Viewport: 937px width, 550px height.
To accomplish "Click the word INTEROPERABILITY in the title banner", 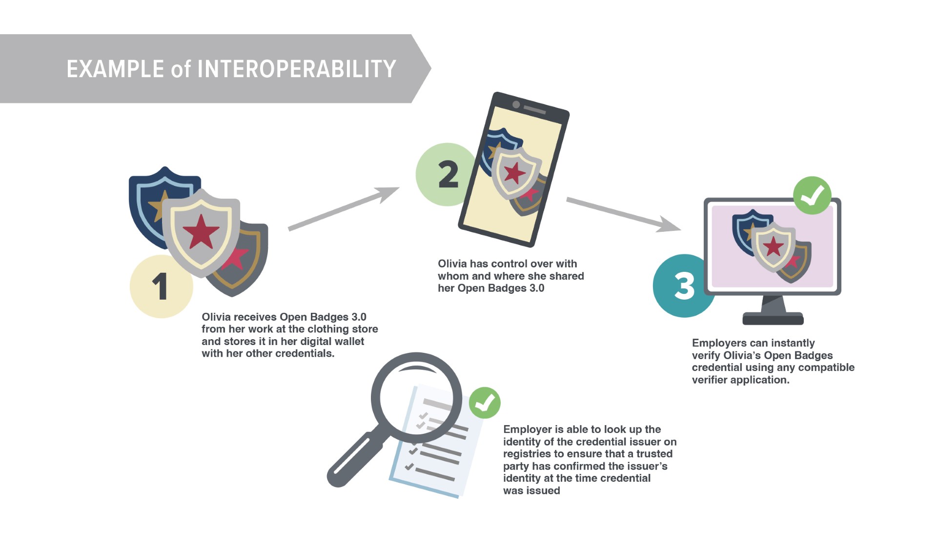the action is pos(296,69).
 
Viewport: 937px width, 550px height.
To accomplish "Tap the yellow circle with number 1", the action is pos(162,286).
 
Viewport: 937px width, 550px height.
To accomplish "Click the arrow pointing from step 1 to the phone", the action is pos(344,209).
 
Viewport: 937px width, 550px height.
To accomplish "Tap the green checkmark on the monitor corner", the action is pos(812,195).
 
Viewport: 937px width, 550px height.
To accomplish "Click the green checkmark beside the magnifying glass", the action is pos(485,403).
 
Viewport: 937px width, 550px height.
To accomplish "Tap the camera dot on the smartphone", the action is pos(516,104).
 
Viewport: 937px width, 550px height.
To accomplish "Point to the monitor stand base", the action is pos(773,318).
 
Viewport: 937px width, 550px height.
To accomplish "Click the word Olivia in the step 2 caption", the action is pos(452,264).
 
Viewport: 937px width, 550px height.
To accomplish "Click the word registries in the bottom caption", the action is pos(527,454).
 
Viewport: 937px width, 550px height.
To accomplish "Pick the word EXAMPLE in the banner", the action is pos(115,69).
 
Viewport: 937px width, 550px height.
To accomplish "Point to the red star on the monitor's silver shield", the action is pos(774,246).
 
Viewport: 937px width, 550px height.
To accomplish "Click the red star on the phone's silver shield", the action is pos(514,173).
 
